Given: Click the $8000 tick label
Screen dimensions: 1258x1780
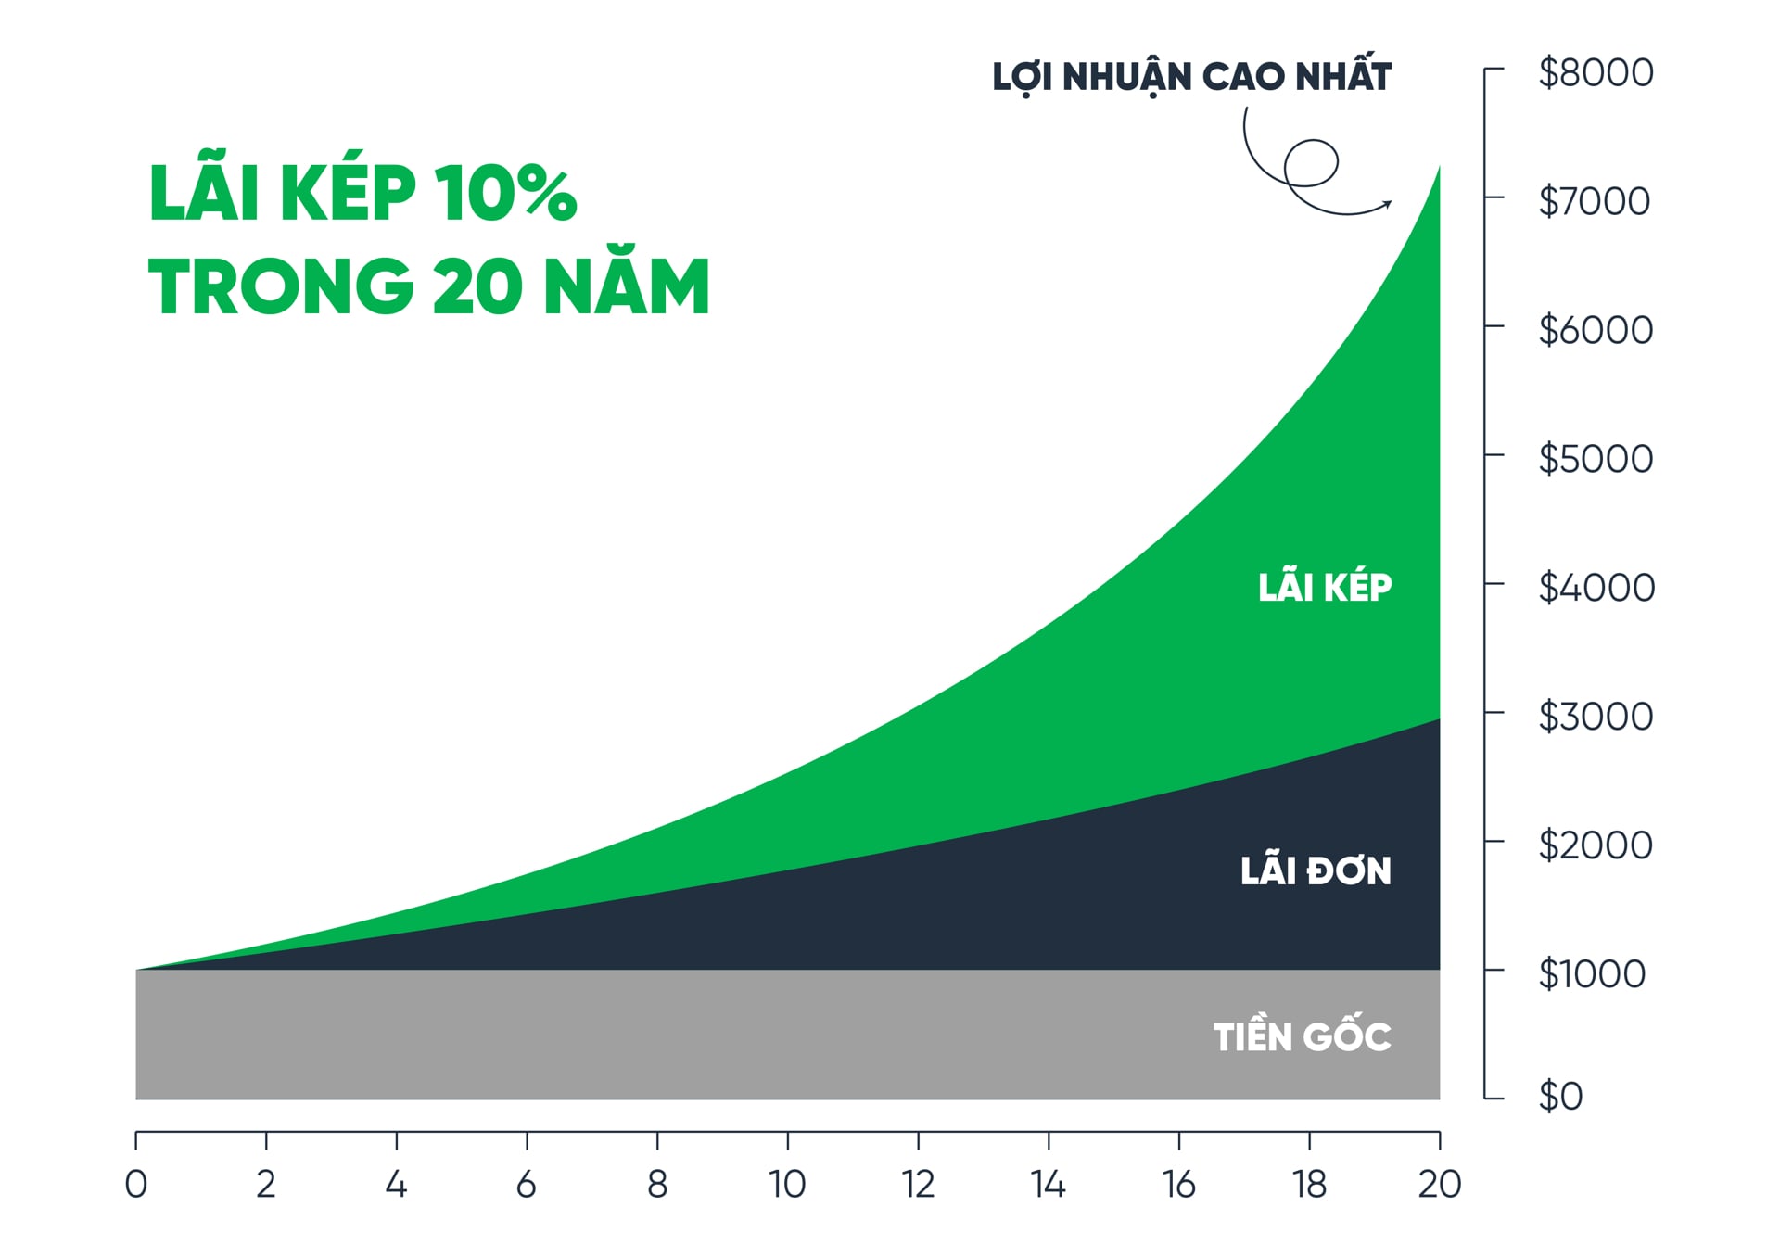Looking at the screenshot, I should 1596,72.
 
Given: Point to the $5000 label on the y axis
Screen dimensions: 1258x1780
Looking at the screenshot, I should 1596,458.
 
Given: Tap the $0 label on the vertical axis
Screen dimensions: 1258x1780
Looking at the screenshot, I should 1560,1096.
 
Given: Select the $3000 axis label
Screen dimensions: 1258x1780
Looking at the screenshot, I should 1596,716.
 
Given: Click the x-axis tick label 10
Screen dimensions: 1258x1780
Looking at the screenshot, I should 787,1184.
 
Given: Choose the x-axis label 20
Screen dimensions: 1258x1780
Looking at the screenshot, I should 1439,1184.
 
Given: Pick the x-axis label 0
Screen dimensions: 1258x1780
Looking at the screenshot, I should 136,1184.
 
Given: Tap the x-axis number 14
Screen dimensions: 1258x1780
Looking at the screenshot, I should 1048,1184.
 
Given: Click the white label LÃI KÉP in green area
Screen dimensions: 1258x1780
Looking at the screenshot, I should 1325,588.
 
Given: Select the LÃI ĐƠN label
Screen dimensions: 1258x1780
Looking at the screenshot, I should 1316,871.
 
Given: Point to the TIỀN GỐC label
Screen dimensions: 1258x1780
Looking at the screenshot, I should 1302,1036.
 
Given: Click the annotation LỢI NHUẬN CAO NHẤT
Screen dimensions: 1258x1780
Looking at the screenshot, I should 1191,77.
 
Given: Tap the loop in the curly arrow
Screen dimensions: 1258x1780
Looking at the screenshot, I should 1312,162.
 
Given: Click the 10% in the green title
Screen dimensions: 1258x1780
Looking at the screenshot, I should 506,193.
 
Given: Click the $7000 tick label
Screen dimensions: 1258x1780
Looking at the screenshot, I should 1594,201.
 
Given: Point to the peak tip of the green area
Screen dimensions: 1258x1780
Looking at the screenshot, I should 1439,168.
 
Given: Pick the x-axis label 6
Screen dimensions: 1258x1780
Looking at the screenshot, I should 527,1184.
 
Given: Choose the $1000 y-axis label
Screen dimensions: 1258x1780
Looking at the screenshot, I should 1592,973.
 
